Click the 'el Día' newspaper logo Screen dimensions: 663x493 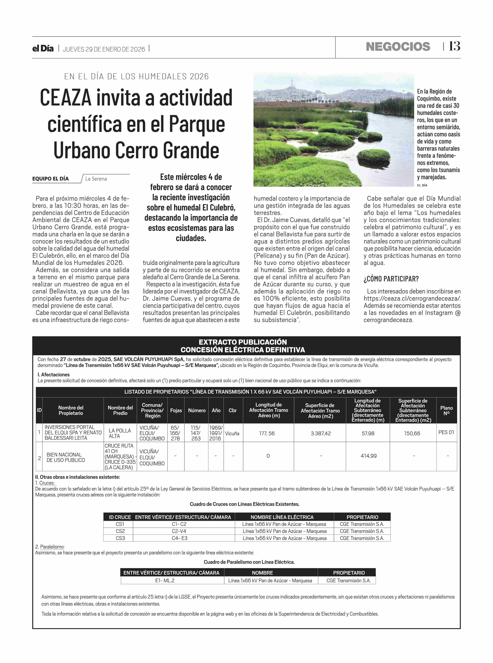43,49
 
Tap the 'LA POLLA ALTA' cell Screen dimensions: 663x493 120,433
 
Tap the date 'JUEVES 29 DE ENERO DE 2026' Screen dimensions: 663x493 104,49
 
